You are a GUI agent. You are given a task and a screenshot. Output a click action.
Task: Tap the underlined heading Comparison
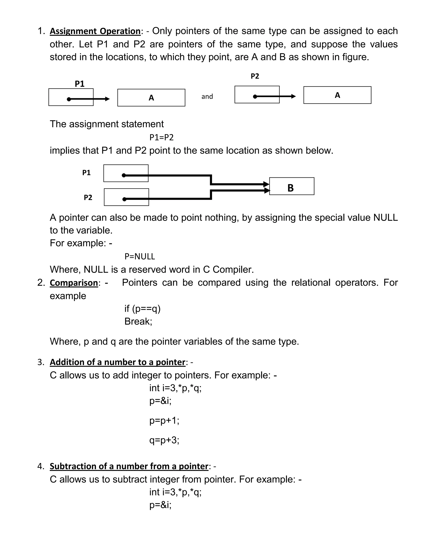click(x=74, y=283)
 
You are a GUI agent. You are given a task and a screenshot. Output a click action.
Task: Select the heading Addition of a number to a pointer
click(x=117, y=362)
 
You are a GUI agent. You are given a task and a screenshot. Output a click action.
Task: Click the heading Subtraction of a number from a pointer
click(x=129, y=466)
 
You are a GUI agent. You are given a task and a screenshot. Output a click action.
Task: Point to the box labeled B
click(x=291, y=186)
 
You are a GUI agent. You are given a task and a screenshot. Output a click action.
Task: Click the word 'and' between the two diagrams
click(x=207, y=96)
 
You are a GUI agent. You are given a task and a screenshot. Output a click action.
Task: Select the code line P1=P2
click(x=161, y=137)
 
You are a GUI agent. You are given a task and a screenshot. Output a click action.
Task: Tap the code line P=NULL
click(x=140, y=256)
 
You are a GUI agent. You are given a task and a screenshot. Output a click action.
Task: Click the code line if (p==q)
click(x=142, y=309)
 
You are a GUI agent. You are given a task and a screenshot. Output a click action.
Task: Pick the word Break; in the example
click(x=138, y=321)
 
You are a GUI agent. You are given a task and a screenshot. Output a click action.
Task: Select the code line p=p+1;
click(x=164, y=420)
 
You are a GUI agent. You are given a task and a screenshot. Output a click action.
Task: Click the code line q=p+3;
click(x=164, y=440)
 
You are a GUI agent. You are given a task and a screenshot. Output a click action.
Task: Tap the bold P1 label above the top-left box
click(x=80, y=84)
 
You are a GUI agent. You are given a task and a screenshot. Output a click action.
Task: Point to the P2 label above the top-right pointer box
click(x=255, y=76)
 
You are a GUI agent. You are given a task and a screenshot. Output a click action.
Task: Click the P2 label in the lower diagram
click(x=88, y=197)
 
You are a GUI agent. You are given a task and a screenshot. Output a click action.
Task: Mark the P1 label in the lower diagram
click(x=87, y=173)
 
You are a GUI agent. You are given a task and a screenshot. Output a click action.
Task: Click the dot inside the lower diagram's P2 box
click(x=124, y=199)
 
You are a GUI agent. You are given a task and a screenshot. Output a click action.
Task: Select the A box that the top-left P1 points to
click(x=151, y=98)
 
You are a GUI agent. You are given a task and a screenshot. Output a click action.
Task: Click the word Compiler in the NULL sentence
click(x=233, y=270)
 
